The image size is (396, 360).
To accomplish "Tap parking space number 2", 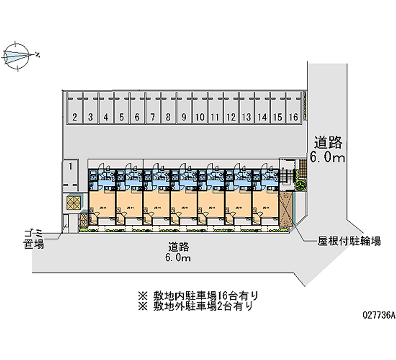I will [x=74, y=117].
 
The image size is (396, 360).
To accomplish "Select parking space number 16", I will [x=294, y=117].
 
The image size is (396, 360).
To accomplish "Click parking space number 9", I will [x=184, y=117].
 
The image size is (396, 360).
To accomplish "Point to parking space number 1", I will [x=71, y=166].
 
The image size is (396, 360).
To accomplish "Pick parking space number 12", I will [x=231, y=117].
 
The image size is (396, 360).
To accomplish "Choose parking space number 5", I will [x=121, y=117].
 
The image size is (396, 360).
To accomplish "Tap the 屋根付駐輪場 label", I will [x=349, y=242].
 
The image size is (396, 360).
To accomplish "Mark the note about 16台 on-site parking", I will [x=198, y=296].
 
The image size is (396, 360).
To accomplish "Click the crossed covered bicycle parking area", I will [x=286, y=208].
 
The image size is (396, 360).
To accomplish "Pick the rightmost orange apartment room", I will [x=266, y=204].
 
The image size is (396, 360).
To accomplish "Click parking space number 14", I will [x=262, y=117].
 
